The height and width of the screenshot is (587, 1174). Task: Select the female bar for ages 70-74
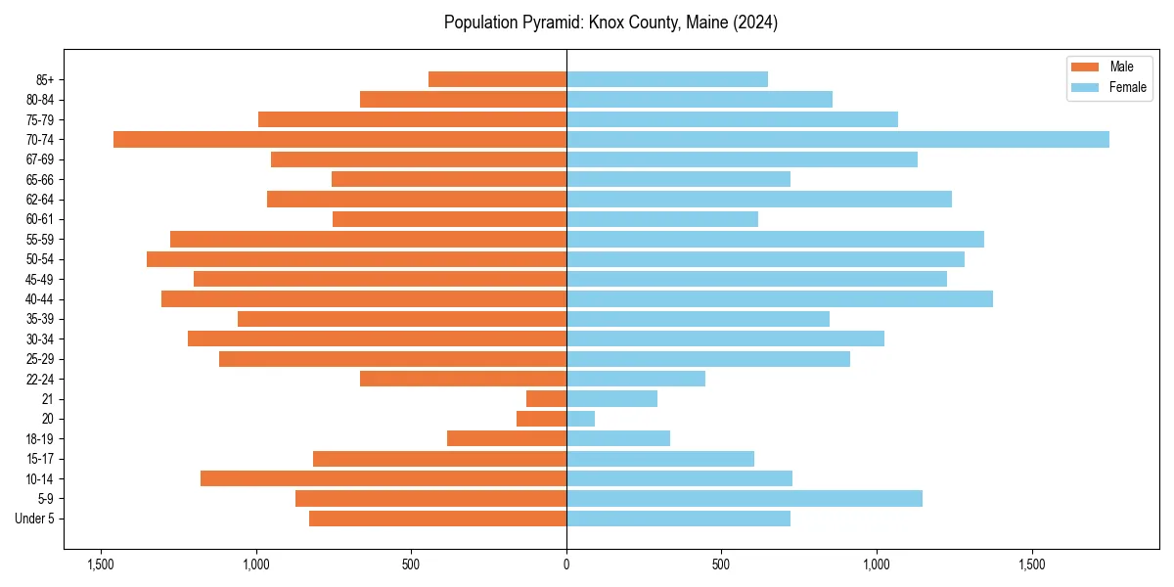(x=837, y=140)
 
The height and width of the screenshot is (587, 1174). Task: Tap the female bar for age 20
(x=580, y=419)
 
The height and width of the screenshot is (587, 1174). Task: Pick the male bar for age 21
(x=546, y=399)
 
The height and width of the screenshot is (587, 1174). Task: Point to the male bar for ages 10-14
(x=384, y=478)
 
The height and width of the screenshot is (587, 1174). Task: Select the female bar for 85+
(x=667, y=79)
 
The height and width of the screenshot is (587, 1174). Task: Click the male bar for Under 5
(x=437, y=519)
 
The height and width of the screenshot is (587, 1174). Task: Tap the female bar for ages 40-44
(x=779, y=299)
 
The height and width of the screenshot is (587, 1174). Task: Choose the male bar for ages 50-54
(x=356, y=259)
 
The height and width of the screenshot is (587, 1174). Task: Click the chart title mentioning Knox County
(x=610, y=23)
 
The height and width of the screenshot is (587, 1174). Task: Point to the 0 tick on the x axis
(x=566, y=564)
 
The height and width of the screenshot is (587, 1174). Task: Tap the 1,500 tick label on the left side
(x=101, y=564)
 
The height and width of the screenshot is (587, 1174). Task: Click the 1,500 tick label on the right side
(x=1032, y=564)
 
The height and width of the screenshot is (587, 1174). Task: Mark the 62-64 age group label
(x=39, y=200)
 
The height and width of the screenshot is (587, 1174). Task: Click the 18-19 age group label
(x=39, y=439)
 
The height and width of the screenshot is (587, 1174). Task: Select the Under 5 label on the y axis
(x=35, y=519)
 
